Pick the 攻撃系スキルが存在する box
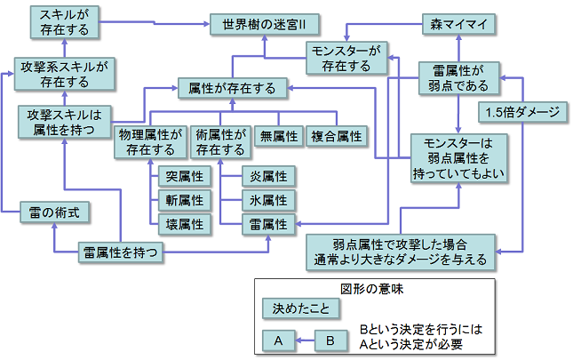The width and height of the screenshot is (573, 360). pyautogui.click(x=65, y=74)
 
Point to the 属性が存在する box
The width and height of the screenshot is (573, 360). pyautogui.click(x=232, y=88)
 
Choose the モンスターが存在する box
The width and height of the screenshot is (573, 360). pyautogui.click(x=346, y=58)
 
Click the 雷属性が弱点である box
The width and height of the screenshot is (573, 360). pyautogui.click(x=459, y=77)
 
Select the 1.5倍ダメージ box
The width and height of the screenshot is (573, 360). pyautogui.click(x=524, y=112)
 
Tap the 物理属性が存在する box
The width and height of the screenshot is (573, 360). pyautogui.click(x=150, y=142)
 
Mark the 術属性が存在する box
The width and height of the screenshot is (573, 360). pyautogui.click(x=219, y=142)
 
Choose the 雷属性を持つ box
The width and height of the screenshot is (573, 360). pyautogui.click(x=122, y=252)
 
